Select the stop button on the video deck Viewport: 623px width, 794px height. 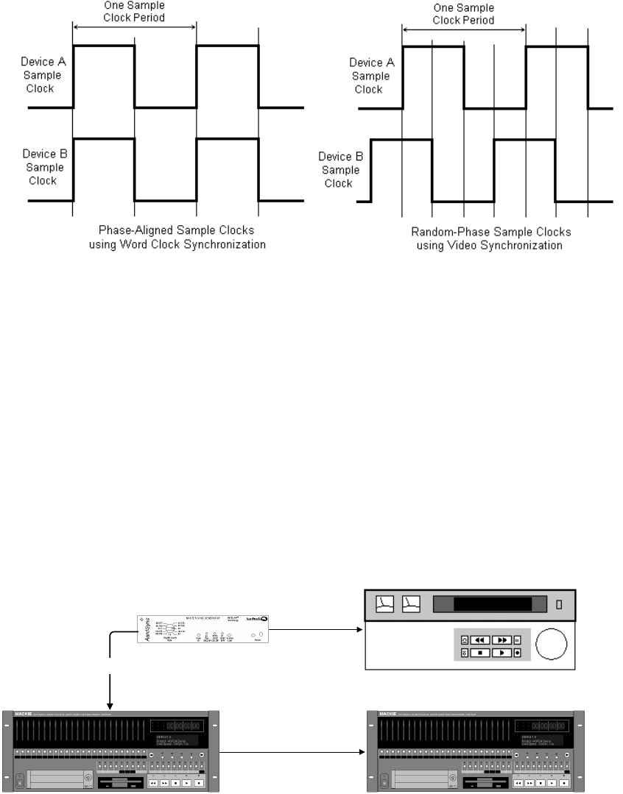479,652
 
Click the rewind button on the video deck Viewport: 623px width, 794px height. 479,639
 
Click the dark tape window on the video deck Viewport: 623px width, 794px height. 482,605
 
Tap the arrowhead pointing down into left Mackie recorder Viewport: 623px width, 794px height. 110,704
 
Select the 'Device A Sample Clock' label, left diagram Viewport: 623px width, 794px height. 43,75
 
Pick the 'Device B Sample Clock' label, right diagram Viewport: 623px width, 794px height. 342,169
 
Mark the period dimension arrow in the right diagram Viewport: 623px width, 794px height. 464,30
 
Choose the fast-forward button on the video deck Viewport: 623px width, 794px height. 501,639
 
